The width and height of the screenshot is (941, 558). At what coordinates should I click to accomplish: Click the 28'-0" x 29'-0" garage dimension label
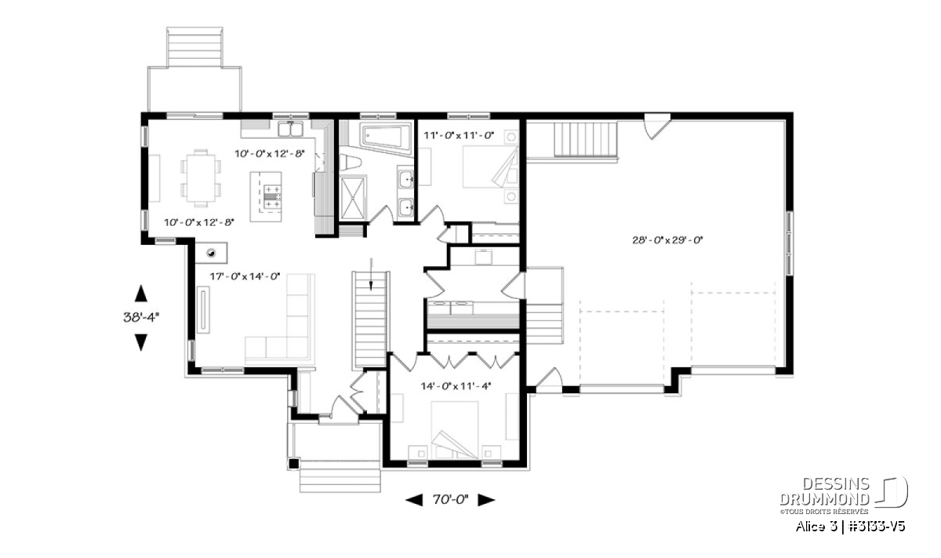click(x=667, y=240)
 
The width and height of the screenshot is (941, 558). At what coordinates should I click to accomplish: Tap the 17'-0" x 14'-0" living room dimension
click(x=245, y=276)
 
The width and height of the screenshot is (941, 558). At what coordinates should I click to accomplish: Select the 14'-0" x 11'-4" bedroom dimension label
click(x=456, y=385)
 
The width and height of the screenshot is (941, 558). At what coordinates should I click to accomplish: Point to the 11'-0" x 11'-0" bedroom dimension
click(x=459, y=136)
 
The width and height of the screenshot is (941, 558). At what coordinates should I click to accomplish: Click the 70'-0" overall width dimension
click(x=450, y=500)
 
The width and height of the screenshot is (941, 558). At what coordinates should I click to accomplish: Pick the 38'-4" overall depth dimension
click(x=141, y=317)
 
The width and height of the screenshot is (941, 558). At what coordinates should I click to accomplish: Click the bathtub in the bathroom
click(x=386, y=137)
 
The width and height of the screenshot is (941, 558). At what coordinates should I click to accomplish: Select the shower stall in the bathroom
click(x=352, y=198)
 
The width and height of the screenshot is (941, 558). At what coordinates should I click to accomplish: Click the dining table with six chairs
click(x=201, y=178)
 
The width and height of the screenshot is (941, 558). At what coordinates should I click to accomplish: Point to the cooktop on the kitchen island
click(x=272, y=197)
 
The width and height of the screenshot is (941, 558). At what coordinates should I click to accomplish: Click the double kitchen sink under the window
click(x=290, y=129)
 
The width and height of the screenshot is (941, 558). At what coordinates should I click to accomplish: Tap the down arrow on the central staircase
click(x=371, y=274)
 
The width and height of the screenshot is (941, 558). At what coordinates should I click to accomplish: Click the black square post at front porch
click(x=293, y=464)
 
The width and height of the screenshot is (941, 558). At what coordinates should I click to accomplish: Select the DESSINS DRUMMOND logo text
click(x=824, y=491)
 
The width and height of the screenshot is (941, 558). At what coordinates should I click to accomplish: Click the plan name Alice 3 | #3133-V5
click(x=850, y=526)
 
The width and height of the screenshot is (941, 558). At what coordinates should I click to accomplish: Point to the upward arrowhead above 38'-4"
click(x=140, y=294)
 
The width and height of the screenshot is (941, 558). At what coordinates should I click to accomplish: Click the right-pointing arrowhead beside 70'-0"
click(x=486, y=500)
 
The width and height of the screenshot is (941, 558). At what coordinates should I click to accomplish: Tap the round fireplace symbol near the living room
click(x=211, y=253)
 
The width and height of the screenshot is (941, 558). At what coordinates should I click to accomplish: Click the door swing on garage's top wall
click(x=657, y=126)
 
